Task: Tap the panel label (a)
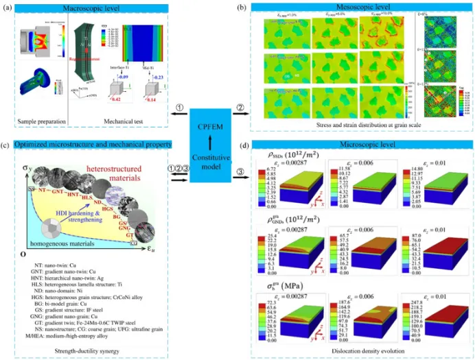coord(8,7)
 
